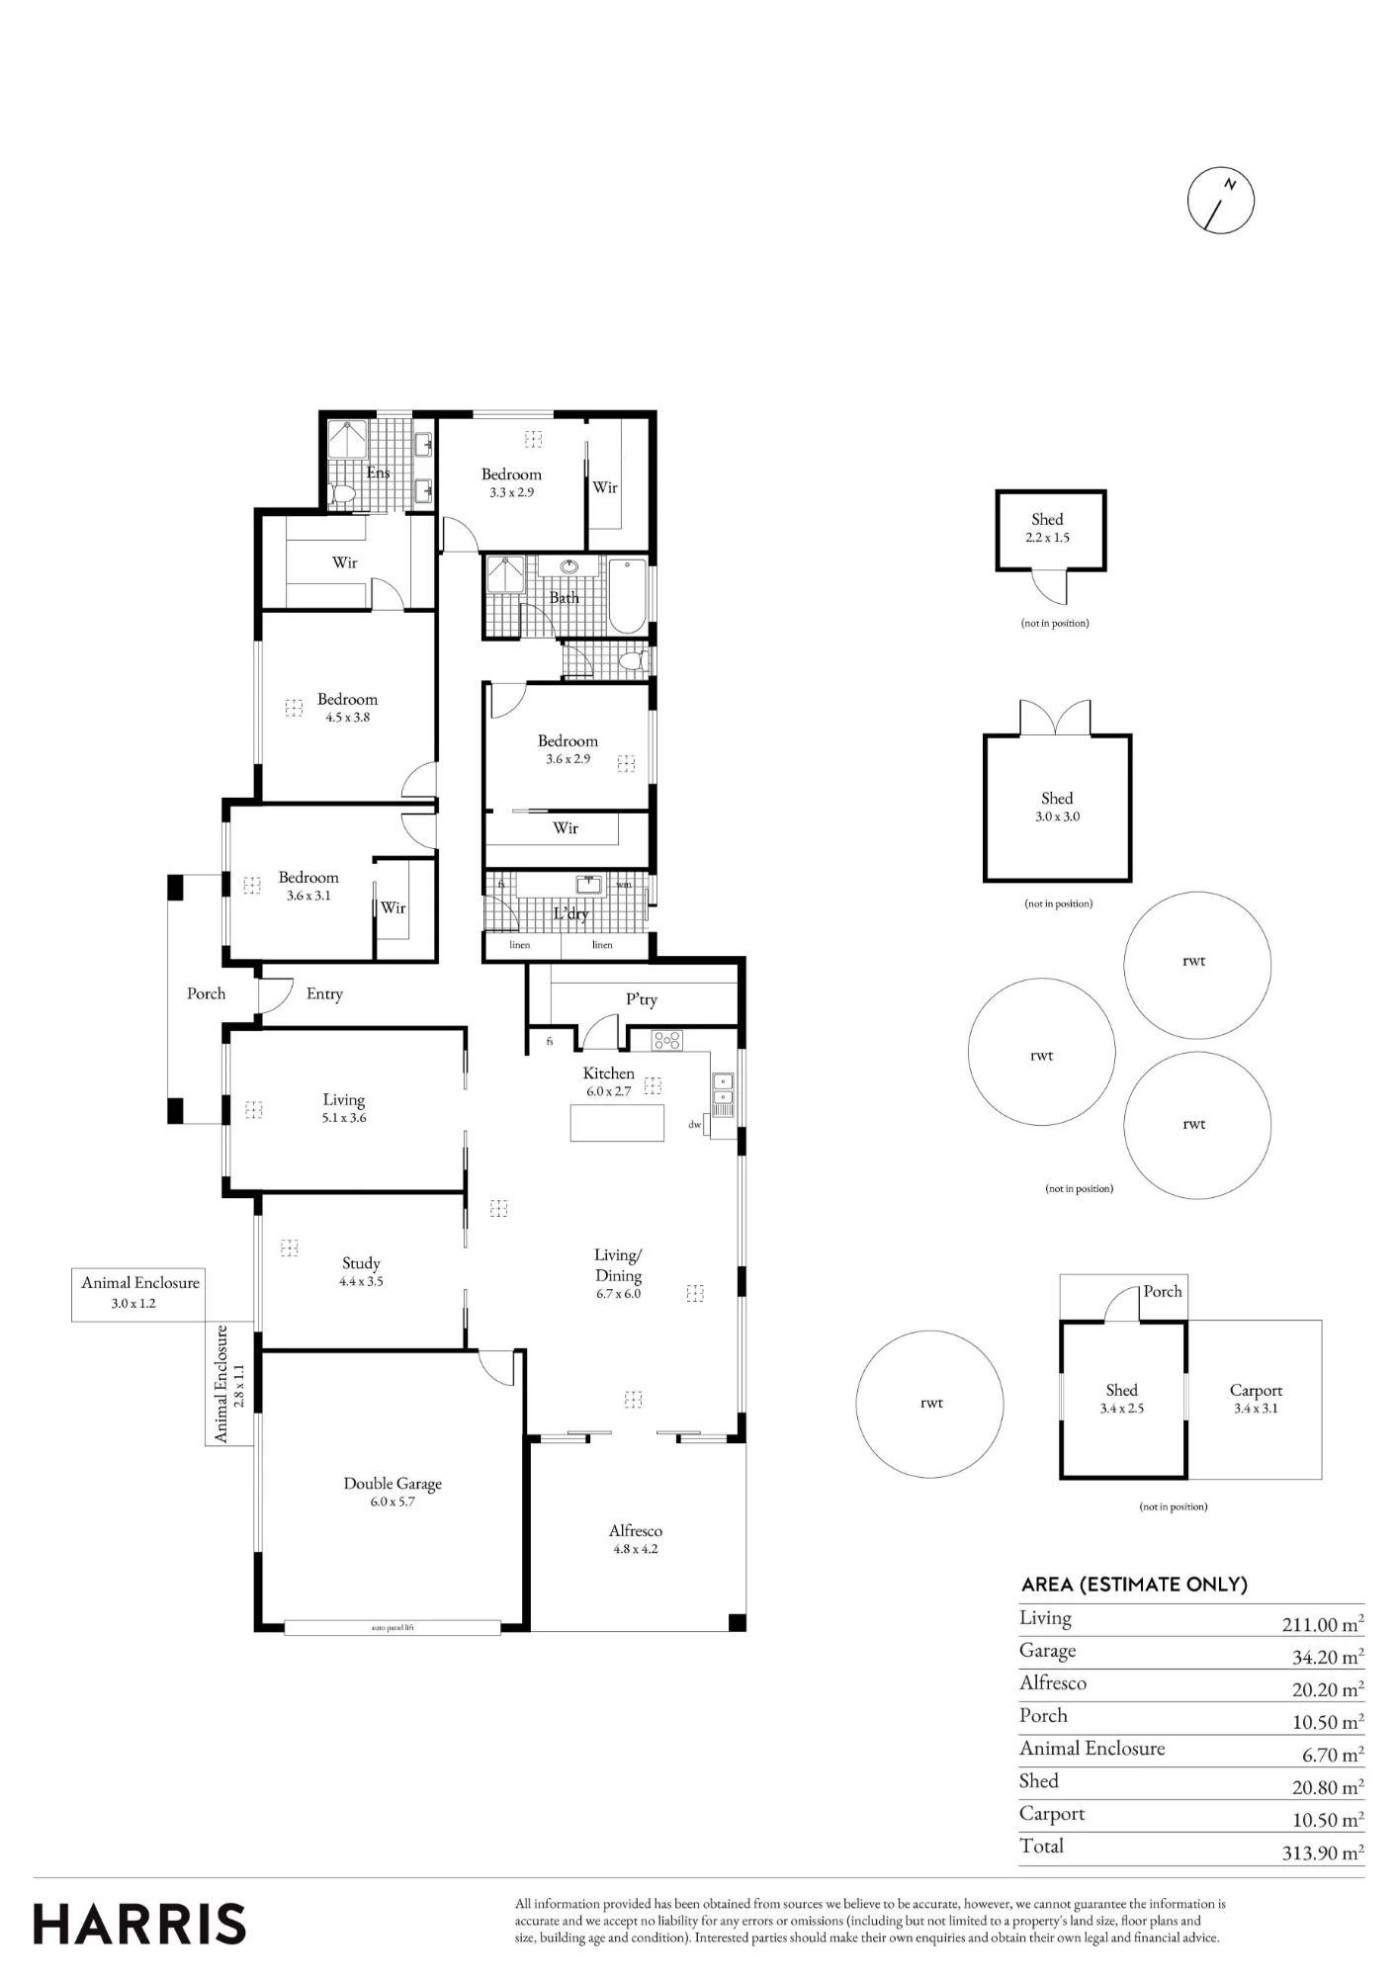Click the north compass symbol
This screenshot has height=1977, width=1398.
(1221, 200)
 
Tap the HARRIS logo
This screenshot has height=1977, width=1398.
(139, 1925)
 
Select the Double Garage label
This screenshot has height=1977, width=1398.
(393, 1483)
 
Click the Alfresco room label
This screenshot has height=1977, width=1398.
(636, 1530)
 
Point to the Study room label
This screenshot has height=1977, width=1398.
(361, 1262)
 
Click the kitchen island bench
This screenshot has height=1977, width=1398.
(617, 1123)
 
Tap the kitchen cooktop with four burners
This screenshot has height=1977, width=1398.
(667, 1040)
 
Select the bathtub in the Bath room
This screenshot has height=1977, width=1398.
(627, 596)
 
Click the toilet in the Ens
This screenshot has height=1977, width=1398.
(343, 494)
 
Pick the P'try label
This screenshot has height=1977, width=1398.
(642, 999)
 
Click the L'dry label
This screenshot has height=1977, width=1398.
(570, 913)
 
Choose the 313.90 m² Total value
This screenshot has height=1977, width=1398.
(1323, 1852)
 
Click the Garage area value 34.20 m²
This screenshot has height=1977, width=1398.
(1328, 1658)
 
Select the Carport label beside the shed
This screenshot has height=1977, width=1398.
(1256, 1390)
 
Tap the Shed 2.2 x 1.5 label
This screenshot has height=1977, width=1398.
(1047, 528)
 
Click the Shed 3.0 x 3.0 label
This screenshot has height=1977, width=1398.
(1057, 807)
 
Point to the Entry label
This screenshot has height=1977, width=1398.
(324, 993)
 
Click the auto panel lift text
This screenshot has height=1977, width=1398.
(393, 1627)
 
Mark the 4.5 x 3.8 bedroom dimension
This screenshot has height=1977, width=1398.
(347, 718)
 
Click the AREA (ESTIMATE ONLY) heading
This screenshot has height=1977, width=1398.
(1134, 1585)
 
